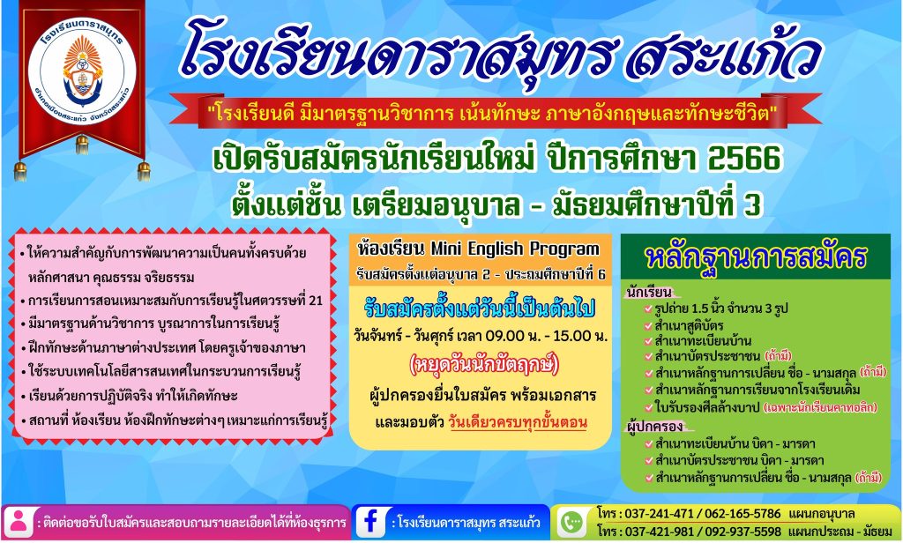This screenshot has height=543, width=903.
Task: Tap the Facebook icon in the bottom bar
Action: point(370,521)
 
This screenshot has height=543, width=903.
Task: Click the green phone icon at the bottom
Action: point(571,522)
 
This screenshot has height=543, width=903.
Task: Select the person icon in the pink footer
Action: point(18,522)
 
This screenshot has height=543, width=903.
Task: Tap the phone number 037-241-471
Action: point(659,513)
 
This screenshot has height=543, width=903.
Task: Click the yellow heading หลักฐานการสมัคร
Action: point(756,257)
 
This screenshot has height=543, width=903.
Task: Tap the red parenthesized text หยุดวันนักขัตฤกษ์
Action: point(483,365)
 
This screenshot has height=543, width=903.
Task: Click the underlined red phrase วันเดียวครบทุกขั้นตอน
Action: point(517,422)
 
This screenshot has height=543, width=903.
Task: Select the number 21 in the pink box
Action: point(316,301)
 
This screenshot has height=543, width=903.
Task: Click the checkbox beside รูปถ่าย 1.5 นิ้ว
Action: point(648,309)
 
